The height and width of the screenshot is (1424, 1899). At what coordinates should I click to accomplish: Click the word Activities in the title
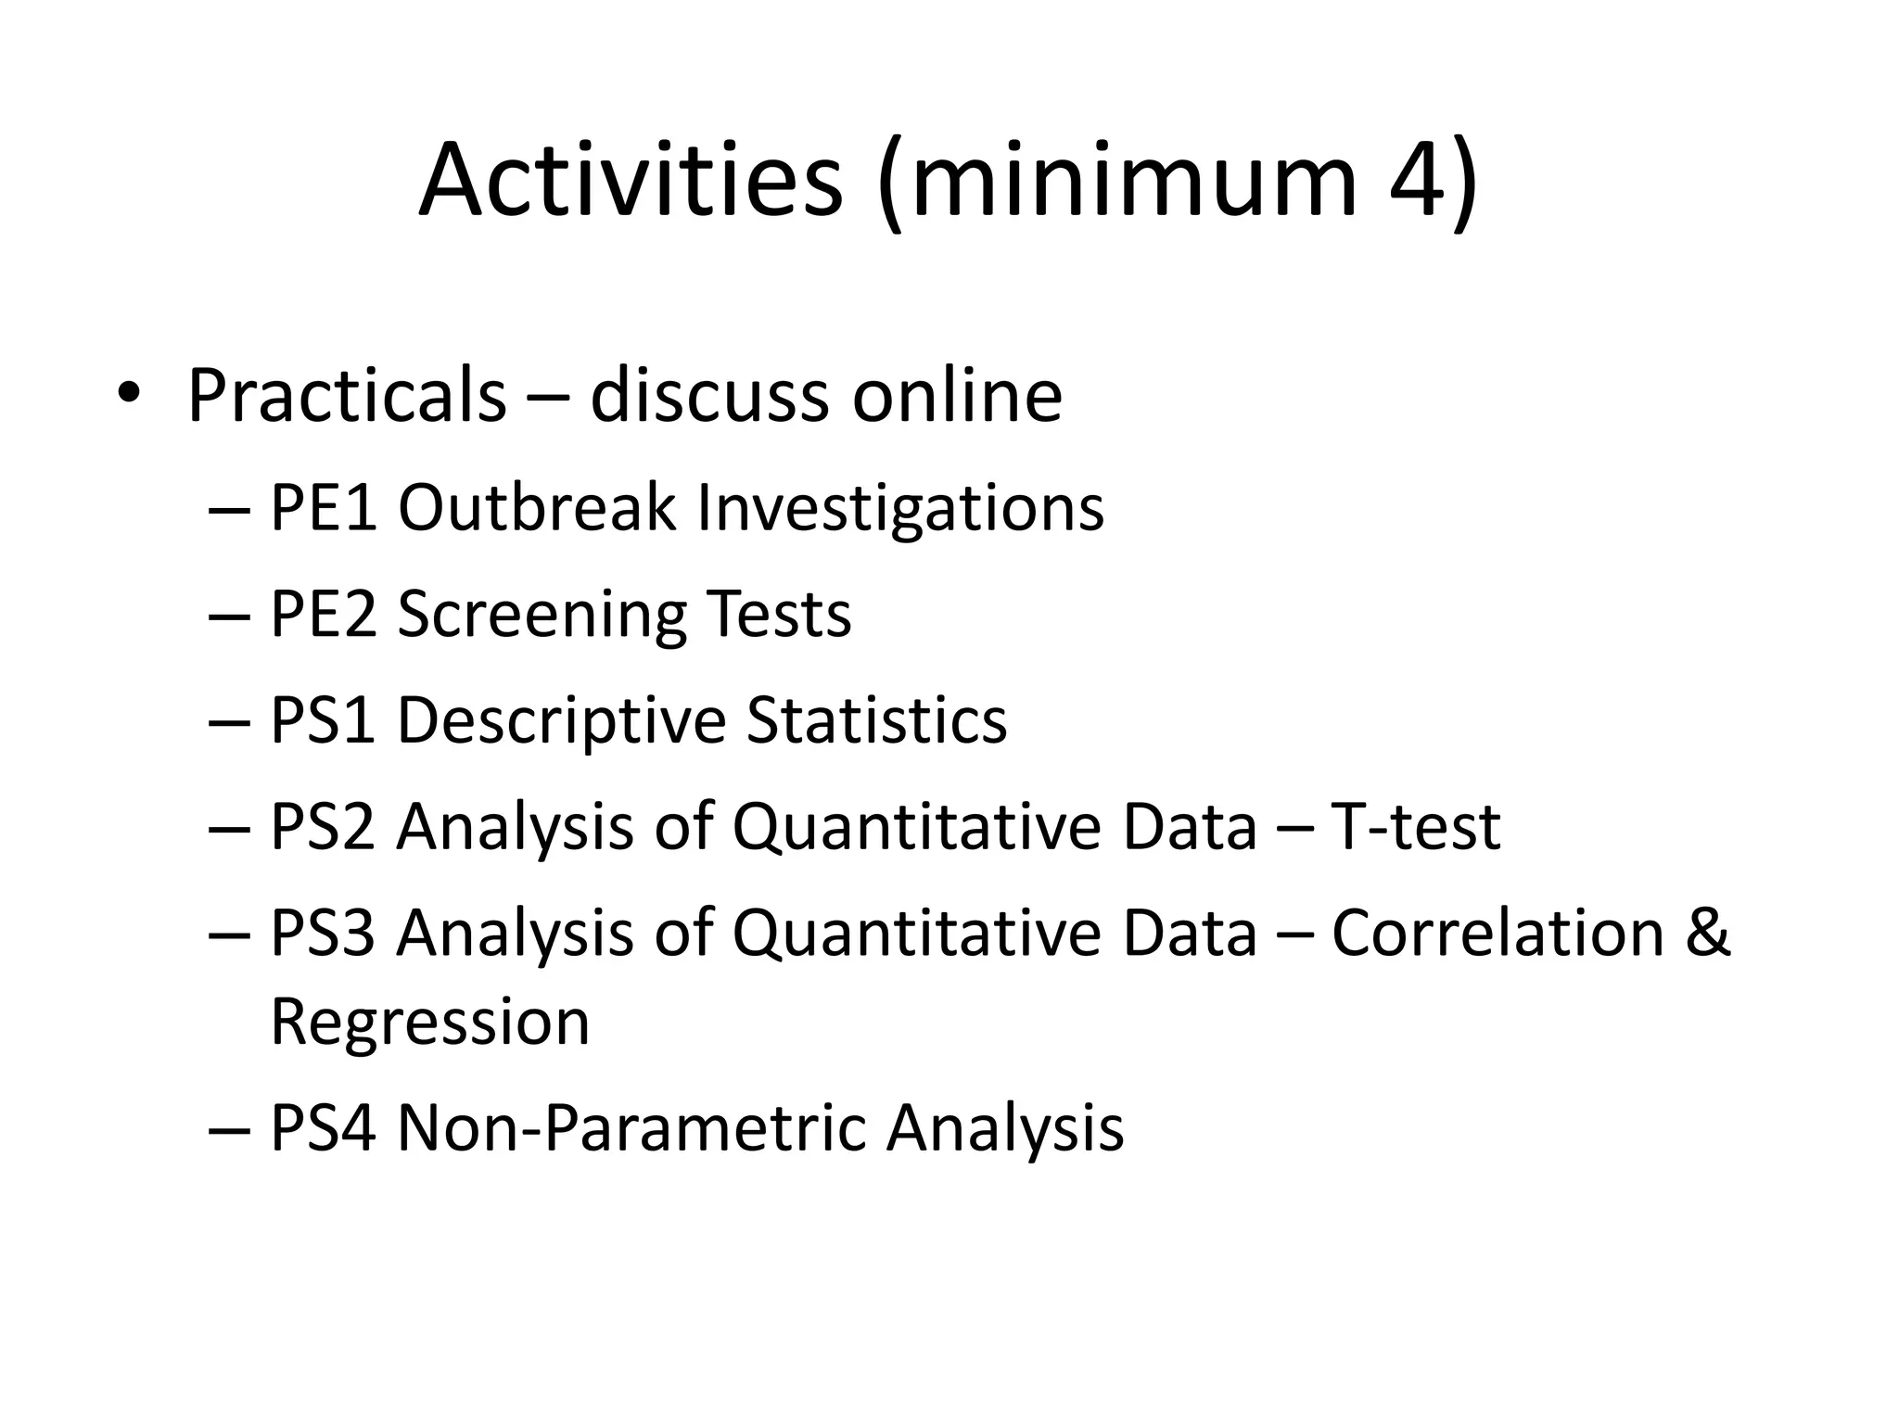[x=631, y=181]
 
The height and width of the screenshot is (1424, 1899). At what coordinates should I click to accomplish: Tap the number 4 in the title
[x=1418, y=181]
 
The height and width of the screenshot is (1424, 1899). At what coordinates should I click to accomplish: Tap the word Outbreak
[x=537, y=509]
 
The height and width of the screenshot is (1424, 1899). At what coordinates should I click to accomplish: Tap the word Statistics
[x=876, y=720]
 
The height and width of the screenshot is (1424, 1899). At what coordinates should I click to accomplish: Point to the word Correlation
[x=1498, y=933]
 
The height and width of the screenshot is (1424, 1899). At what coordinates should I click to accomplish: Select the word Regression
[x=430, y=1023]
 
